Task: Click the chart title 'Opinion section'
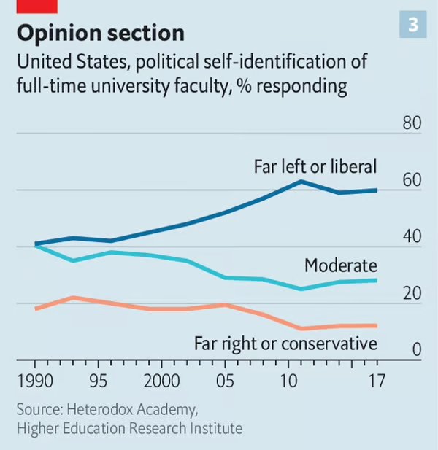100,33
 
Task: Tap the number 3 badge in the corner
412,26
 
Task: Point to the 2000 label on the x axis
161,381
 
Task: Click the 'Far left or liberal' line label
315,166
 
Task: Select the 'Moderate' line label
340,265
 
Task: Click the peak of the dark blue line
301,181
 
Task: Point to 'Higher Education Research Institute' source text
128,428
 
